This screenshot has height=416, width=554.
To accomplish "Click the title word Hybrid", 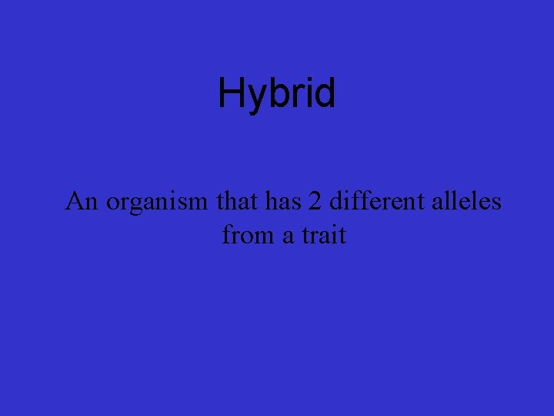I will [x=277, y=94].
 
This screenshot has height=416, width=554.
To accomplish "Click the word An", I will [x=82, y=202].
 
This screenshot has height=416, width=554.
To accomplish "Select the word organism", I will [x=156, y=203].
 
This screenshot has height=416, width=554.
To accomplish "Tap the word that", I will [x=239, y=202].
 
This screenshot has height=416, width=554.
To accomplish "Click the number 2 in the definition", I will [x=315, y=202].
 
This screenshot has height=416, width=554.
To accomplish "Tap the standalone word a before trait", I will [x=288, y=235].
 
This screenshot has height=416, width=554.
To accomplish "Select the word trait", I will [x=324, y=234].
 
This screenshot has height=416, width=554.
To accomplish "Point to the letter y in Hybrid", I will [x=255, y=99].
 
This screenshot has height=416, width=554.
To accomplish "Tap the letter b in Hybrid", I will [x=275, y=94].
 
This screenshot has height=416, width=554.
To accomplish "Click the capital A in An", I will [x=75, y=202].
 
